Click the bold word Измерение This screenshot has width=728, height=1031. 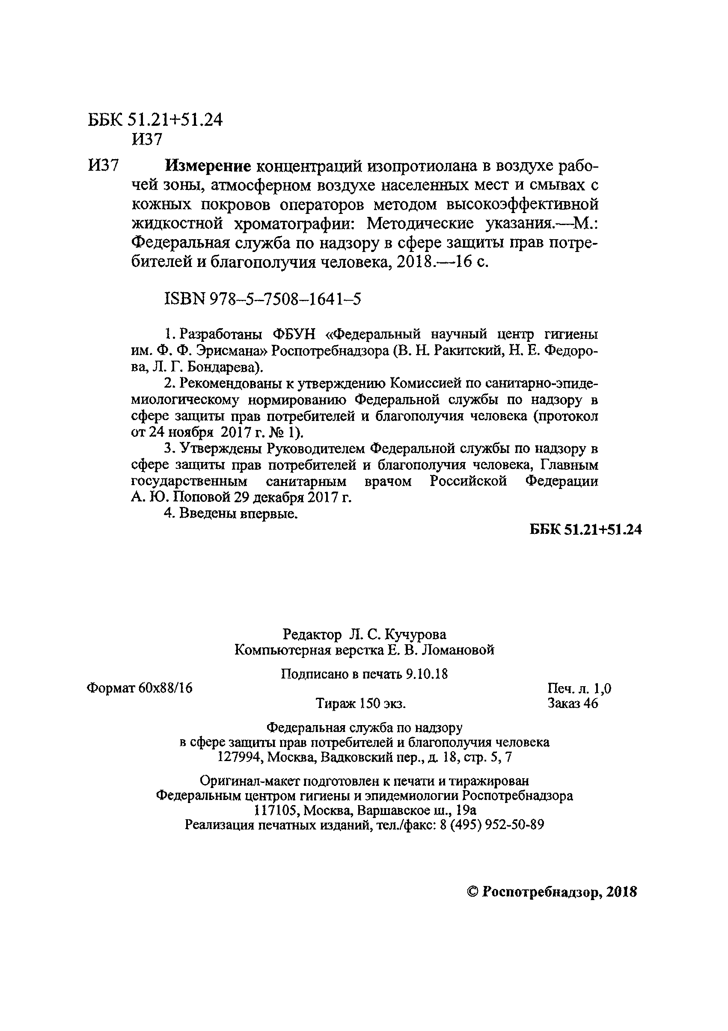point(208,166)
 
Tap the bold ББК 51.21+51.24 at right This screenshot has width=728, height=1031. point(585,530)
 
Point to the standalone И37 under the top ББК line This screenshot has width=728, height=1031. point(146,139)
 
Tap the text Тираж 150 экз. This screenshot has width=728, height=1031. point(361,703)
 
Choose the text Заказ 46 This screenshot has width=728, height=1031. point(573,703)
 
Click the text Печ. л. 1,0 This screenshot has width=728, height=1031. point(579,688)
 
